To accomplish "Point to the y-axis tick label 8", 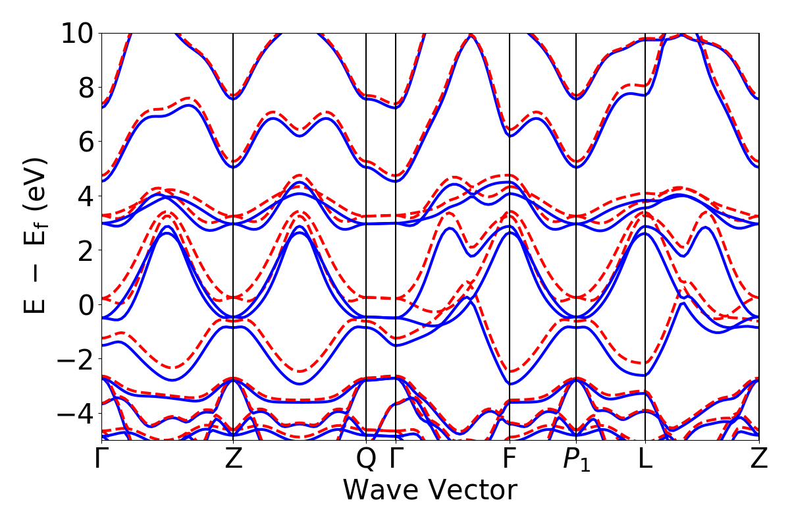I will click(84, 88).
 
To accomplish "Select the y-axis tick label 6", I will click(84, 142).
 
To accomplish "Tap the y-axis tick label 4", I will click(84, 196).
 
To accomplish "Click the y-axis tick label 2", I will click(84, 250).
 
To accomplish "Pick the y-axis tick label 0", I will click(84, 305).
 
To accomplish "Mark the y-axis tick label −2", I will click(76, 359).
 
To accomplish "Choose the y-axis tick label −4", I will click(76, 414).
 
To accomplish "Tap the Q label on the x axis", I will click(366, 459).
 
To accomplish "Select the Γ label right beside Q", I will click(395, 459).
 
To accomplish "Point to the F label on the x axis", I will click(510, 459).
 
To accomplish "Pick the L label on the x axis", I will click(645, 459).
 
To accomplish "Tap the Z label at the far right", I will click(759, 459).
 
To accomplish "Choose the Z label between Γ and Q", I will click(234, 459).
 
